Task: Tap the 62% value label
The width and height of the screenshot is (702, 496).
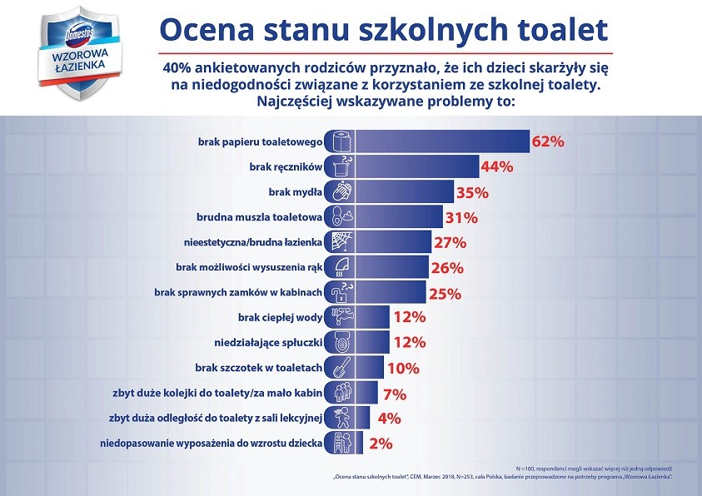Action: pos(549,141)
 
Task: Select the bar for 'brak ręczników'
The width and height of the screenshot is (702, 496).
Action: pos(416,166)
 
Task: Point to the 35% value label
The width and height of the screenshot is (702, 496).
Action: pos(471,192)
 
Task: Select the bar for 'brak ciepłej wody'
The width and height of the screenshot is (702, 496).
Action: pos(371,318)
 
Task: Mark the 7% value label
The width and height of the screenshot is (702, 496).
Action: pos(393,393)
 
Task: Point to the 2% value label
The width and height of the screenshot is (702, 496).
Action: pos(381,444)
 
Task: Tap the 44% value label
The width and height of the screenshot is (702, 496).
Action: pos(496,167)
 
